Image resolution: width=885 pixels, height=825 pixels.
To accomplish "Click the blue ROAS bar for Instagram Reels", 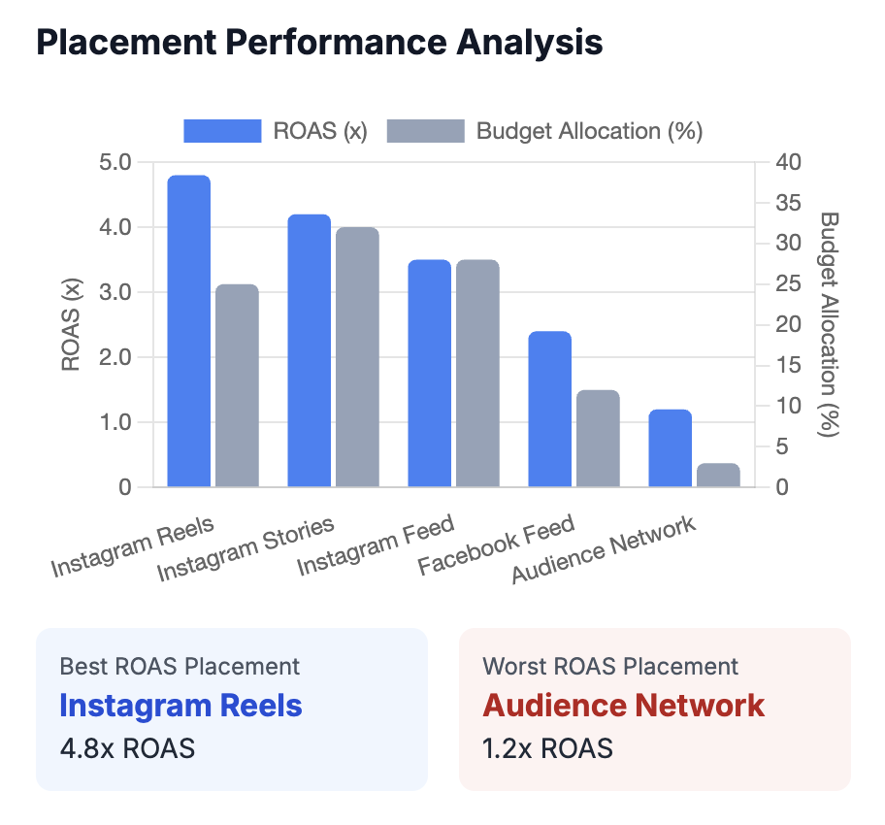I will point(189,331).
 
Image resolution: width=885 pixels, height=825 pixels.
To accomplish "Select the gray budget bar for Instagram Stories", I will point(357,357).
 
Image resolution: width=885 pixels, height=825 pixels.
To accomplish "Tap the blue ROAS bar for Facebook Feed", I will point(550,409).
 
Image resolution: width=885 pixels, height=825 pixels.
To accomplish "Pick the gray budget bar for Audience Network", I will point(718,475).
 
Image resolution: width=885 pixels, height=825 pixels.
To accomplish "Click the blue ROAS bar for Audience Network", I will point(671,447).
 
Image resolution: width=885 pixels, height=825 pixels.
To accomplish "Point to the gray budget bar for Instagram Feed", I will point(477,374).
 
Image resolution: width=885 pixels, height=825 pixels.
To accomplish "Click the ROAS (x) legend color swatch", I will point(222,131).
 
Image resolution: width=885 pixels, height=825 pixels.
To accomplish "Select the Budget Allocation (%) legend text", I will point(589,131).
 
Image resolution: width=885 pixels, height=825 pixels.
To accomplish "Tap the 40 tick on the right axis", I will point(783,162).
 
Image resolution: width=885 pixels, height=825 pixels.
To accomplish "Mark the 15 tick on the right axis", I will point(783,365).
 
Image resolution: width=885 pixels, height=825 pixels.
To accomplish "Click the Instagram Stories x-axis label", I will point(246,549).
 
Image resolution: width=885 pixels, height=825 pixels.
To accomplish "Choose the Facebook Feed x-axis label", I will point(496,546).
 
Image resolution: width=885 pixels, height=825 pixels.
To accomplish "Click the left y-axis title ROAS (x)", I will point(71,324).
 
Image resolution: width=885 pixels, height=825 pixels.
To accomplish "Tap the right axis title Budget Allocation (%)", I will point(828,324).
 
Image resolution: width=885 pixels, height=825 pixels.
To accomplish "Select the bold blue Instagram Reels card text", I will point(180,706).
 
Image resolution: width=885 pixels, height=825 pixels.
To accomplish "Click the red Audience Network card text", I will point(623,706).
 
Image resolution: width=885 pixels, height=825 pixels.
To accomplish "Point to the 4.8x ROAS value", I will point(127,748).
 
